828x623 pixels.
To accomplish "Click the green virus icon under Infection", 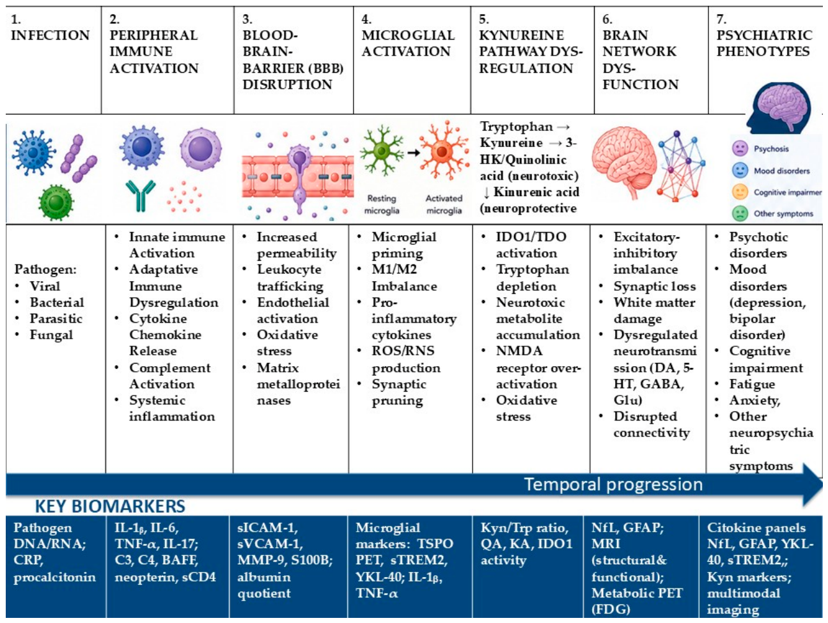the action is [x=56, y=203].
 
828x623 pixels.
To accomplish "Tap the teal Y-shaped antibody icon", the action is [x=140, y=196].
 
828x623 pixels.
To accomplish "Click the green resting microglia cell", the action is [x=381, y=151].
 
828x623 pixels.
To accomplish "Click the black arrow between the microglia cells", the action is [x=414, y=153].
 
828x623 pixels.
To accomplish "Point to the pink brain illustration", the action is [x=624, y=162].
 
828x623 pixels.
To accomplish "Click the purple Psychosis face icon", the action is [x=740, y=148].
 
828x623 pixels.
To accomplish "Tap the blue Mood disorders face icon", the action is [x=740, y=171].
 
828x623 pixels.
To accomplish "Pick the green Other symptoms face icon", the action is [x=740, y=213].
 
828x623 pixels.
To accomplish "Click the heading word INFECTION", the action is [x=50, y=35].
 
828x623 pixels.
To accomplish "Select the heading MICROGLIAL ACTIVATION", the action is [x=408, y=43].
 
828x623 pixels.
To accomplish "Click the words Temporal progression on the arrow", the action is [x=613, y=484].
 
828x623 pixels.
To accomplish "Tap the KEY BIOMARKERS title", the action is [x=110, y=506].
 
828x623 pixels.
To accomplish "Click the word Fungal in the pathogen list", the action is [x=51, y=335].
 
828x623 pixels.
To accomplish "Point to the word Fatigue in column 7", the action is [x=752, y=384].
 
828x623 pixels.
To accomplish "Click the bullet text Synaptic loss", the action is [x=655, y=286].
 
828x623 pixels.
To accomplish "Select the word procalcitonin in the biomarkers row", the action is [x=55, y=577].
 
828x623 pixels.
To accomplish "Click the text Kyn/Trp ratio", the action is [x=524, y=528].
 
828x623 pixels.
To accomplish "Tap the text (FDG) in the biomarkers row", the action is [x=611, y=609].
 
